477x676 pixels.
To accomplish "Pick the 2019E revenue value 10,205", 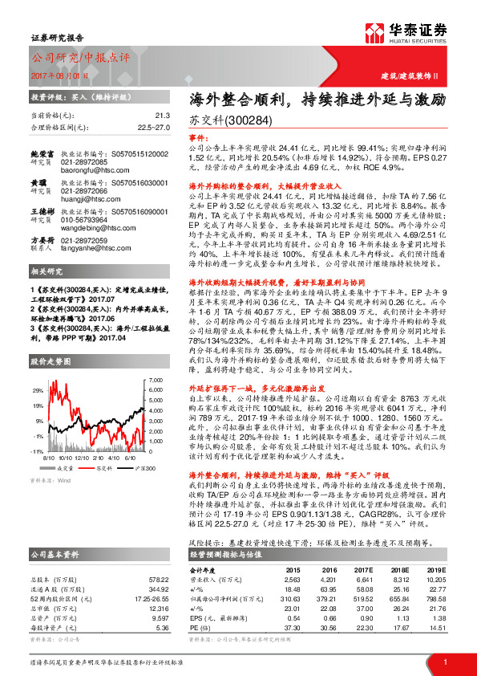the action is pos(435,578).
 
